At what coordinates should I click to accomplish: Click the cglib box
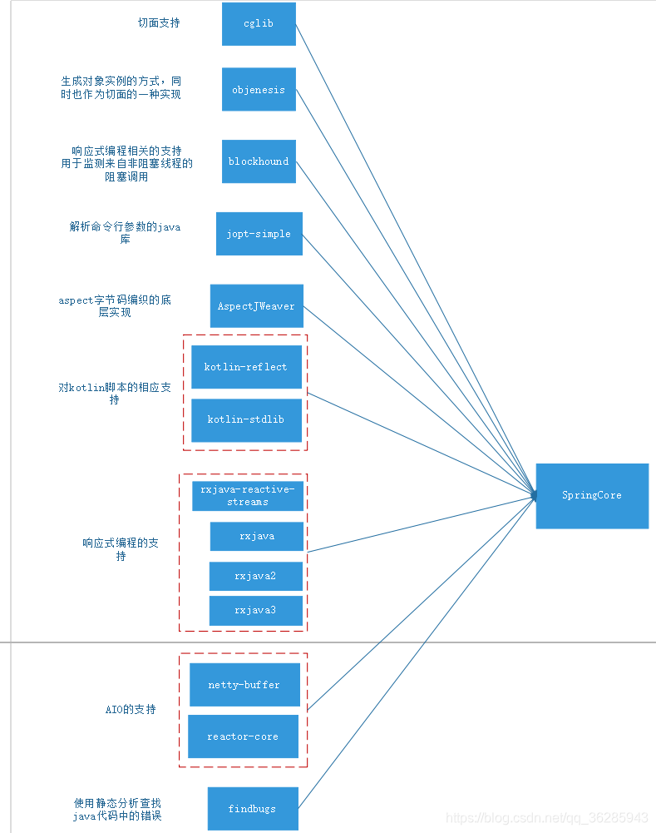pyautogui.click(x=259, y=23)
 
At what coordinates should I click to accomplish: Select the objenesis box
pyautogui.click(x=259, y=89)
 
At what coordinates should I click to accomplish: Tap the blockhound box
pyautogui.click(x=259, y=161)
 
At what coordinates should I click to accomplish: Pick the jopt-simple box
pyautogui.click(x=259, y=234)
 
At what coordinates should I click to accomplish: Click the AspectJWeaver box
pyautogui.click(x=256, y=306)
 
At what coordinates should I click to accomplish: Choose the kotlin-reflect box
pyautogui.click(x=245, y=367)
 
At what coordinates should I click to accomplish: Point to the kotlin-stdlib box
pyautogui.click(x=245, y=419)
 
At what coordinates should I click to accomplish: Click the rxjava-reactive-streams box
pyautogui.click(x=247, y=496)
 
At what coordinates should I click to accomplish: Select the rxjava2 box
pyautogui.click(x=255, y=576)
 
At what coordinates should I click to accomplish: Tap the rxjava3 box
pyautogui.click(x=255, y=611)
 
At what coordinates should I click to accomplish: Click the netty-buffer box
pyautogui.click(x=244, y=685)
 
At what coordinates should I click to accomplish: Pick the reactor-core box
pyautogui.click(x=243, y=736)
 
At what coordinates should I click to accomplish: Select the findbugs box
pyautogui.click(x=252, y=808)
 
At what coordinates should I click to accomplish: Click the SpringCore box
pyautogui.click(x=592, y=495)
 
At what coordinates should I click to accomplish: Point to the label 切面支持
pyautogui.click(x=159, y=23)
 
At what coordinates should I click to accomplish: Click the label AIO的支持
pyautogui.click(x=131, y=710)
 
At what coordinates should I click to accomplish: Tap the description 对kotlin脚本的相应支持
pyautogui.click(x=115, y=394)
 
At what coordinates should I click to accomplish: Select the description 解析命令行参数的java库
pyautogui.click(x=125, y=233)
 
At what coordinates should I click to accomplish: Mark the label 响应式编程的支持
pyautogui.click(x=121, y=549)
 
